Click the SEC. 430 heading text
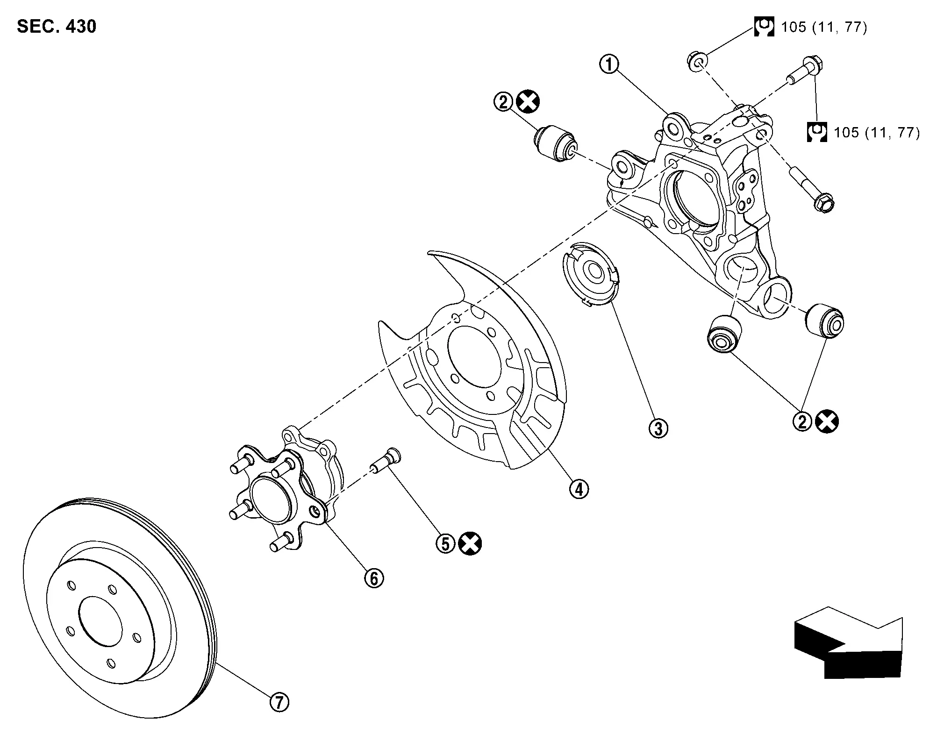point(57,27)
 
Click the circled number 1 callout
point(609,65)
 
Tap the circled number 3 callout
point(658,428)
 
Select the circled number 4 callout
point(579,489)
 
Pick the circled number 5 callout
point(445,543)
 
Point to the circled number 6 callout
point(374,578)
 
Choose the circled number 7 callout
point(279,702)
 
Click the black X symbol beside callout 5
point(470,543)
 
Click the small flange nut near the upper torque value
point(696,61)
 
